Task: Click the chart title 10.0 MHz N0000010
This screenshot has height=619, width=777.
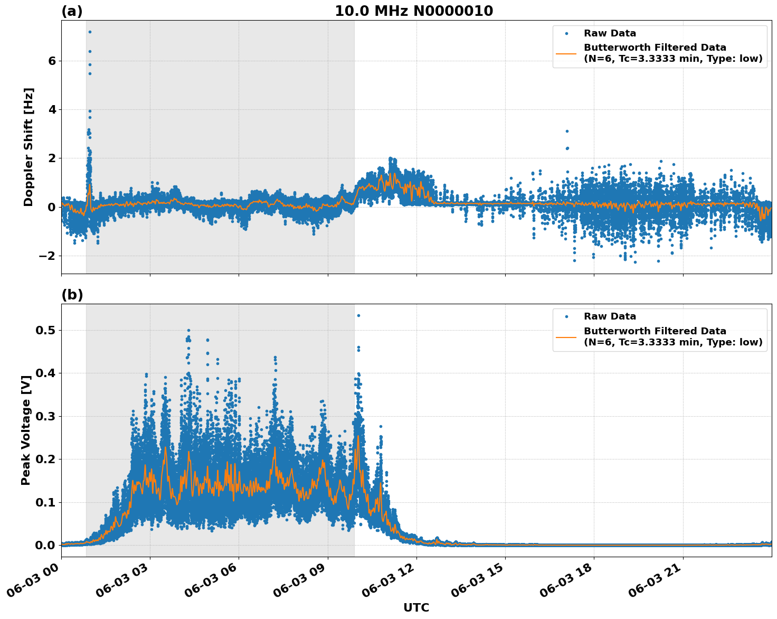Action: (414, 11)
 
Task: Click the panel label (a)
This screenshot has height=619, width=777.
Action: (72, 11)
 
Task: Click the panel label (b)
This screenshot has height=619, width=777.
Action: (72, 295)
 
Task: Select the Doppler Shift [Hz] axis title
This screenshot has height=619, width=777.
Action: (29, 147)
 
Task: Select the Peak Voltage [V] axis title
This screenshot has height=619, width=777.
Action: (26, 427)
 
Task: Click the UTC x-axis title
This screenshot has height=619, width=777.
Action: (416, 607)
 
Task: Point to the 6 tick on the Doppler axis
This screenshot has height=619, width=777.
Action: (52, 61)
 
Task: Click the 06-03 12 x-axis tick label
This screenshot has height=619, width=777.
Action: (391, 583)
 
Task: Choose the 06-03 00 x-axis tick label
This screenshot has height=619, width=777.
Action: (36, 583)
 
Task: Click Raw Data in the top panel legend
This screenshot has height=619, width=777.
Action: (610, 33)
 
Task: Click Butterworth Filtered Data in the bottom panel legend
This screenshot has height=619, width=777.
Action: (655, 331)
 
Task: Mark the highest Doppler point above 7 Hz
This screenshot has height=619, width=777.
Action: (90, 32)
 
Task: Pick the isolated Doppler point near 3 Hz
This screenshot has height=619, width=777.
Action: (567, 131)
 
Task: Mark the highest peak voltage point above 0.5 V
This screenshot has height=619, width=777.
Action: (358, 315)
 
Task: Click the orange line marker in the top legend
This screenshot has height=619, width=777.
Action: (566, 53)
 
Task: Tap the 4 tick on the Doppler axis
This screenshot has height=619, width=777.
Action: (52, 109)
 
